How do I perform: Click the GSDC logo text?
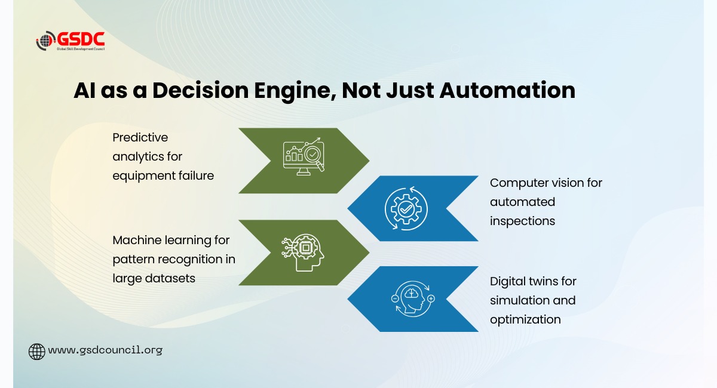(x=81, y=39)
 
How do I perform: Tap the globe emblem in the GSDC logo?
(x=46, y=41)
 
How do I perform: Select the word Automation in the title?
(x=507, y=90)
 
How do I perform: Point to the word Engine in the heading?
(x=295, y=91)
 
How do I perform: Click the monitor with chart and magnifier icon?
(x=304, y=156)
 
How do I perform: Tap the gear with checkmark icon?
(x=406, y=208)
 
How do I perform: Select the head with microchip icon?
(x=303, y=252)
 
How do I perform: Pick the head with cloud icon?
(x=413, y=298)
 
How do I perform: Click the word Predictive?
(x=140, y=137)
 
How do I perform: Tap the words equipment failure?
(x=163, y=176)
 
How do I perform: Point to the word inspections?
(x=522, y=221)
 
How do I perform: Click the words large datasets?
(x=154, y=278)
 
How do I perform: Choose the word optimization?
(x=525, y=320)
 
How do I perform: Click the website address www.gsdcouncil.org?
(x=105, y=350)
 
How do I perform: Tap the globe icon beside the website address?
(x=37, y=352)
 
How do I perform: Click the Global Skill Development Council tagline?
(x=81, y=49)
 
